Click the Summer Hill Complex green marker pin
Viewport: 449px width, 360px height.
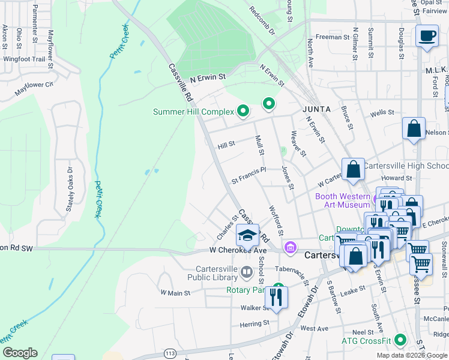pyautogui.click(x=243, y=110)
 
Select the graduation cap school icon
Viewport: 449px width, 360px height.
pyautogui.click(x=247, y=235)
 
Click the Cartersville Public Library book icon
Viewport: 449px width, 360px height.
pyautogui.click(x=246, y=274)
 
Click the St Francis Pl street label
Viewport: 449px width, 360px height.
pyautogui.click(x=249, y=179)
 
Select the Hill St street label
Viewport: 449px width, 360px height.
pyautogui.click(x=226, y=145)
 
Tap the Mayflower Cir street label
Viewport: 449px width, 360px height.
pyautogui.click(x=34, y=85)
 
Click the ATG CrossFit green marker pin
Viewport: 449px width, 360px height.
pyautogui.click(x=400, y=341)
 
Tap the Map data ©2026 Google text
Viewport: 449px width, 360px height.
pyautogui.click(x=412, y=355)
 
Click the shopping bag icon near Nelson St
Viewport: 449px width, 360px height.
pyautogui.click(x=414, y=129)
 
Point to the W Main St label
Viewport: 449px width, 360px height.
pyautogui.click(x=175, y=293)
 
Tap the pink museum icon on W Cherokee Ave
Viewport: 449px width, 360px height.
pyautogui.click(x=291, y=247)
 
